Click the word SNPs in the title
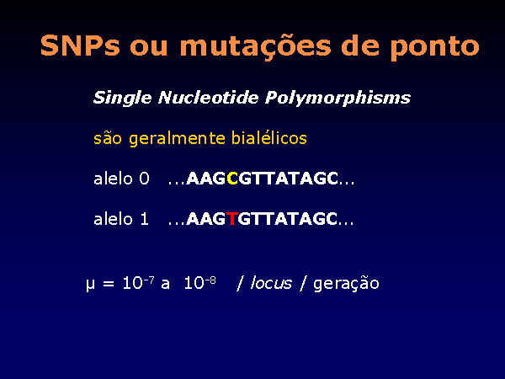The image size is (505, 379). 80,45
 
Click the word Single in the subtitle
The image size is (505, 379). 122,98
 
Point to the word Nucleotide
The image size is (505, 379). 209,97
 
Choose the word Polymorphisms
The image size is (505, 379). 338,98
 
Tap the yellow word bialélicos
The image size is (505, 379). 269,138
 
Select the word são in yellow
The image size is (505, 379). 108,138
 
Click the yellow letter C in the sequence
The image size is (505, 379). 232,179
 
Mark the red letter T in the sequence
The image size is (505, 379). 232,219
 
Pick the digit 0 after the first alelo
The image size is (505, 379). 144,179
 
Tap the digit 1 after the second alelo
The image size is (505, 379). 144,219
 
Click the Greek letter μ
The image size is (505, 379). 91,285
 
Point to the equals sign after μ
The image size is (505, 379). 109,284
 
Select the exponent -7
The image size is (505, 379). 148,280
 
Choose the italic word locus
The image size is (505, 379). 271,283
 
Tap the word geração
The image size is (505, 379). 346,284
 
